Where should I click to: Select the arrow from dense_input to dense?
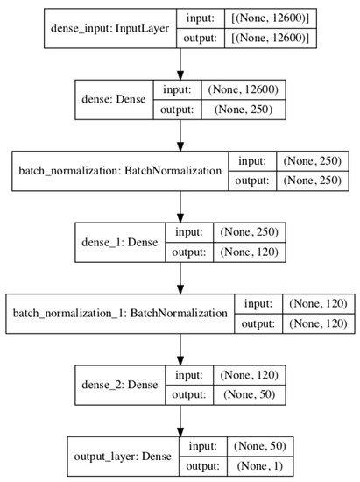(180, 62)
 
